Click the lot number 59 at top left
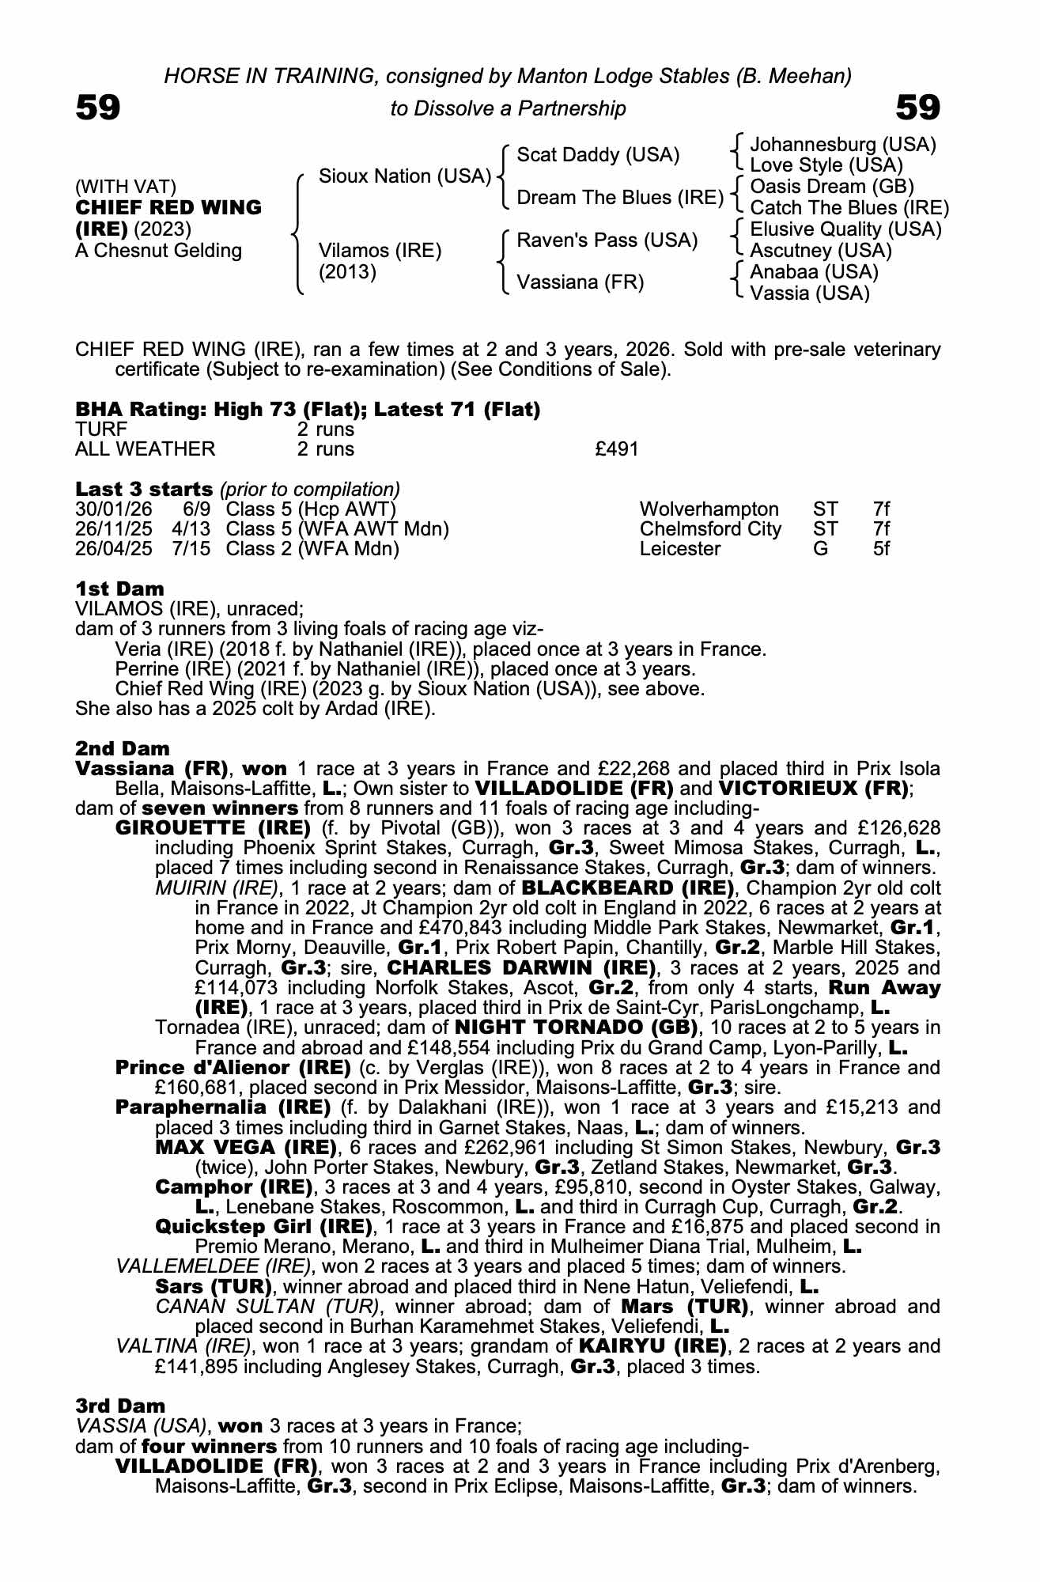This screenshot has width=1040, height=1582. [x=98, y=108]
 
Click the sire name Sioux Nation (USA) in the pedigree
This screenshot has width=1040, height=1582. [x=404, y=176]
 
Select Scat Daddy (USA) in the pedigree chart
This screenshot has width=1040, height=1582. [x=598, y=155]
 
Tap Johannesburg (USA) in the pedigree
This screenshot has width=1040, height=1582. [x=842, y=145]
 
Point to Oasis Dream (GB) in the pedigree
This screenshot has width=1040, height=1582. [x=831, y=187]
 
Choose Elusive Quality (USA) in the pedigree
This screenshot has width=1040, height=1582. [x=845, y=229]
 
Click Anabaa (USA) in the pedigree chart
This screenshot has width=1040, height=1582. [x=814, y=272]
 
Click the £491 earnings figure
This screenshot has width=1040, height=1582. [x=616, y=449]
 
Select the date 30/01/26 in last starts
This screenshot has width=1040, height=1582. [x=113, y=509]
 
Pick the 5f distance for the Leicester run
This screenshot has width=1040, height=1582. [x=881, y=549]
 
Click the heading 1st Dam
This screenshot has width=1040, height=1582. [x=120, y=589]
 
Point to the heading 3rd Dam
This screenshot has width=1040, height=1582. [x=120, y=1406]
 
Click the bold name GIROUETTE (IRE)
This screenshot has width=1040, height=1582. [x=213, y=828]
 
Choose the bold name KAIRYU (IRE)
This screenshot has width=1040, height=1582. [x=652, y=1346]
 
